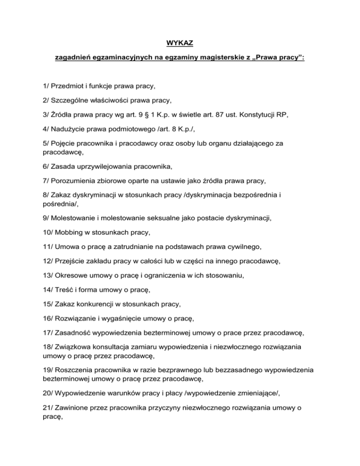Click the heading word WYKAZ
tap(180, 45)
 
